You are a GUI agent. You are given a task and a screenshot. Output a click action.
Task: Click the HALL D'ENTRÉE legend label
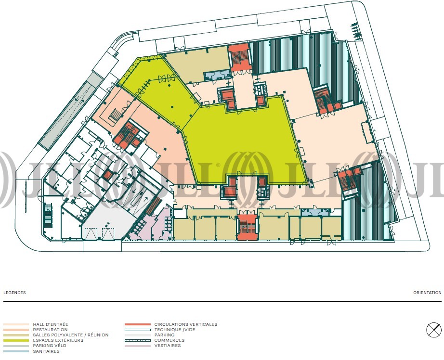51,324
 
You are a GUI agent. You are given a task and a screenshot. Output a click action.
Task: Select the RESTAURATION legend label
50,330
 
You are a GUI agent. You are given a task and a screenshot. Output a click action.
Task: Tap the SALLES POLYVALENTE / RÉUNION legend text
70,335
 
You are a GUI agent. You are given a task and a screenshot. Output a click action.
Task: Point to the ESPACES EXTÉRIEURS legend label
58,340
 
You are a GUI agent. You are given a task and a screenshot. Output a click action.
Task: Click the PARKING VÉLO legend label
50,346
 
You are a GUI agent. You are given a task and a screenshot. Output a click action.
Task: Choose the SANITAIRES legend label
46,351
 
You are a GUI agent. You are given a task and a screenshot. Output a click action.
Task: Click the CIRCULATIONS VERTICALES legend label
186,324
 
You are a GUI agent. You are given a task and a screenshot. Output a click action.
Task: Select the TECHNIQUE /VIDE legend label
175,330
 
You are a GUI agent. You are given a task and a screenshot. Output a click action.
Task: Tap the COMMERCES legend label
170,340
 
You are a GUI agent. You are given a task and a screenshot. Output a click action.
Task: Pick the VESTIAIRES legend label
168,346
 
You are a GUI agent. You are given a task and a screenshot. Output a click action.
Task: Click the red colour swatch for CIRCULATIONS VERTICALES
138,324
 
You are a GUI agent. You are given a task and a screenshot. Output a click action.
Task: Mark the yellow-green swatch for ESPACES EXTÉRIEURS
16,340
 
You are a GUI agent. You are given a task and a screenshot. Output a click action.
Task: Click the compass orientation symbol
434,330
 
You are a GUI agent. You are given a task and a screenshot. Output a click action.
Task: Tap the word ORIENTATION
427,293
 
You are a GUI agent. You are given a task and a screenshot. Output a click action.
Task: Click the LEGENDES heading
14,293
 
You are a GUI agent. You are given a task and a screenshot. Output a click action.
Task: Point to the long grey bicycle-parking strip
70,110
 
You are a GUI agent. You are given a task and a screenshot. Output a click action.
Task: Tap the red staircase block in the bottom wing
247,227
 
